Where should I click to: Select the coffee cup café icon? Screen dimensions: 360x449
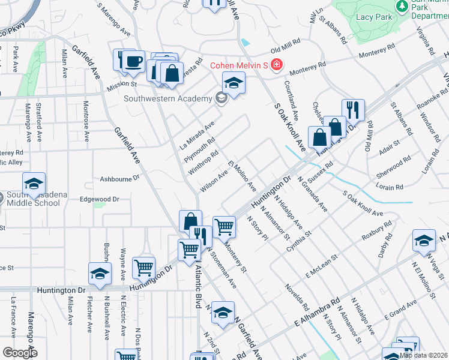[134, 61]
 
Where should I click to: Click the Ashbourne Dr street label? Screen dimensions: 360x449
[119, 178]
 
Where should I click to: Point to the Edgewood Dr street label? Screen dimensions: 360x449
[100, 199]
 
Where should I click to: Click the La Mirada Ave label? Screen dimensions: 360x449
[197, 135]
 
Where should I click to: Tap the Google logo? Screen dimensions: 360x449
[20, 352]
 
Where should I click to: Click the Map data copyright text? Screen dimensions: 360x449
[424, 355]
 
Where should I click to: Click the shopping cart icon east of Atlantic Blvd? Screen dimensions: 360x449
[224, 227]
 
